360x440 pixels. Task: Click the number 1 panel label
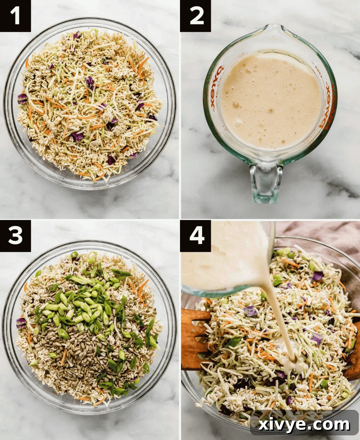tap(15, 16)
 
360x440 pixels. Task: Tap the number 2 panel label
tap(195, 16)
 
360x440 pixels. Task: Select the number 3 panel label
tap(15, 235)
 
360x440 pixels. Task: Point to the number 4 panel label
tap(195, 235)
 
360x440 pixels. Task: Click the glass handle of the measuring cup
tap(265, 183)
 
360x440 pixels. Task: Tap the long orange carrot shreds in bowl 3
tap(142, 290)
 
